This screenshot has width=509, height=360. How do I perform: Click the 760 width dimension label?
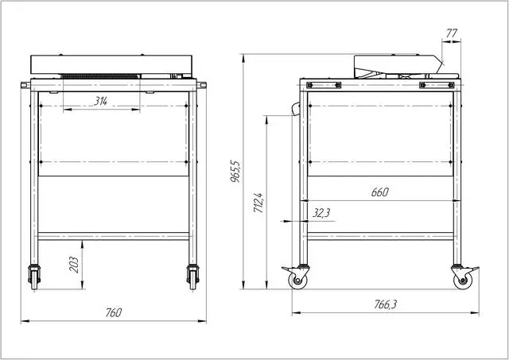click(x=114, y=312)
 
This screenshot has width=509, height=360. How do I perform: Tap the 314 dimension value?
click(x=101, y=102)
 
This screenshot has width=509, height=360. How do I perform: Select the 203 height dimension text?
click(x=74, y=265)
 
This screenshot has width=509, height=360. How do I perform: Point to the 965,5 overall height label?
click(x=235, y=171)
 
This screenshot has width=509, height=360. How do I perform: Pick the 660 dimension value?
click(x=379, y=192)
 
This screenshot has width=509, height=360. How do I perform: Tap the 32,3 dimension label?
click(x=321, y=213)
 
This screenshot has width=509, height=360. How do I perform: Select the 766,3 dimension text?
click(x=385, y=304)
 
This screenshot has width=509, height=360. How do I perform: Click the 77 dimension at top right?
click(x=452, y=33)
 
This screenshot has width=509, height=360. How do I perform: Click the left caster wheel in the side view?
click(x=297, y=281)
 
